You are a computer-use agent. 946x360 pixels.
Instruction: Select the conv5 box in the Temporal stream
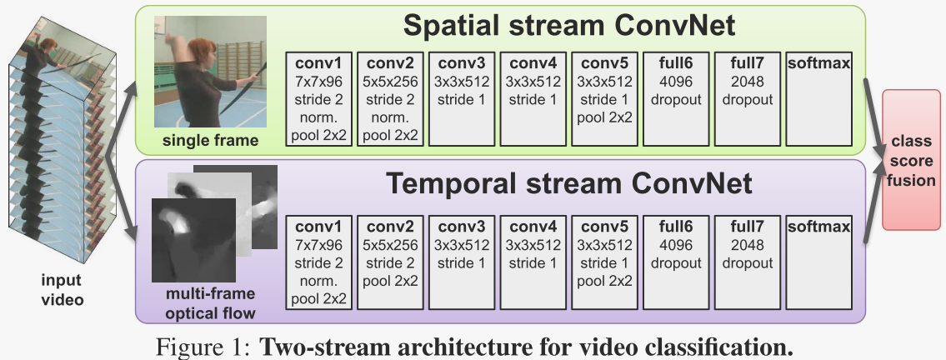tap(606, 262)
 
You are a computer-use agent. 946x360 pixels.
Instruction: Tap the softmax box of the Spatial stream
tap(818, 98)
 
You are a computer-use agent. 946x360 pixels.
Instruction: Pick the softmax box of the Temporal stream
tap(818, 262)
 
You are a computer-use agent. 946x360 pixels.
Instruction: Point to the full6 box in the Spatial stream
tap(677, 98)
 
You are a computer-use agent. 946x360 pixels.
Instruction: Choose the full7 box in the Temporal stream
tap(748, 262)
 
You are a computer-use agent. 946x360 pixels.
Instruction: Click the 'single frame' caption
tap(210, 140)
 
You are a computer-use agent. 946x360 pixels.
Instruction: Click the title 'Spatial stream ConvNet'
tap(569, 25)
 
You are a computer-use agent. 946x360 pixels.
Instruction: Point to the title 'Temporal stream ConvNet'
tap(568, 182)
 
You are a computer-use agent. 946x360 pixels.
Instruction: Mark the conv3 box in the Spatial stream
tap(462, 98)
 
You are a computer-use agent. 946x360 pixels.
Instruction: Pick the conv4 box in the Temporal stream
tap(533, 262)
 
